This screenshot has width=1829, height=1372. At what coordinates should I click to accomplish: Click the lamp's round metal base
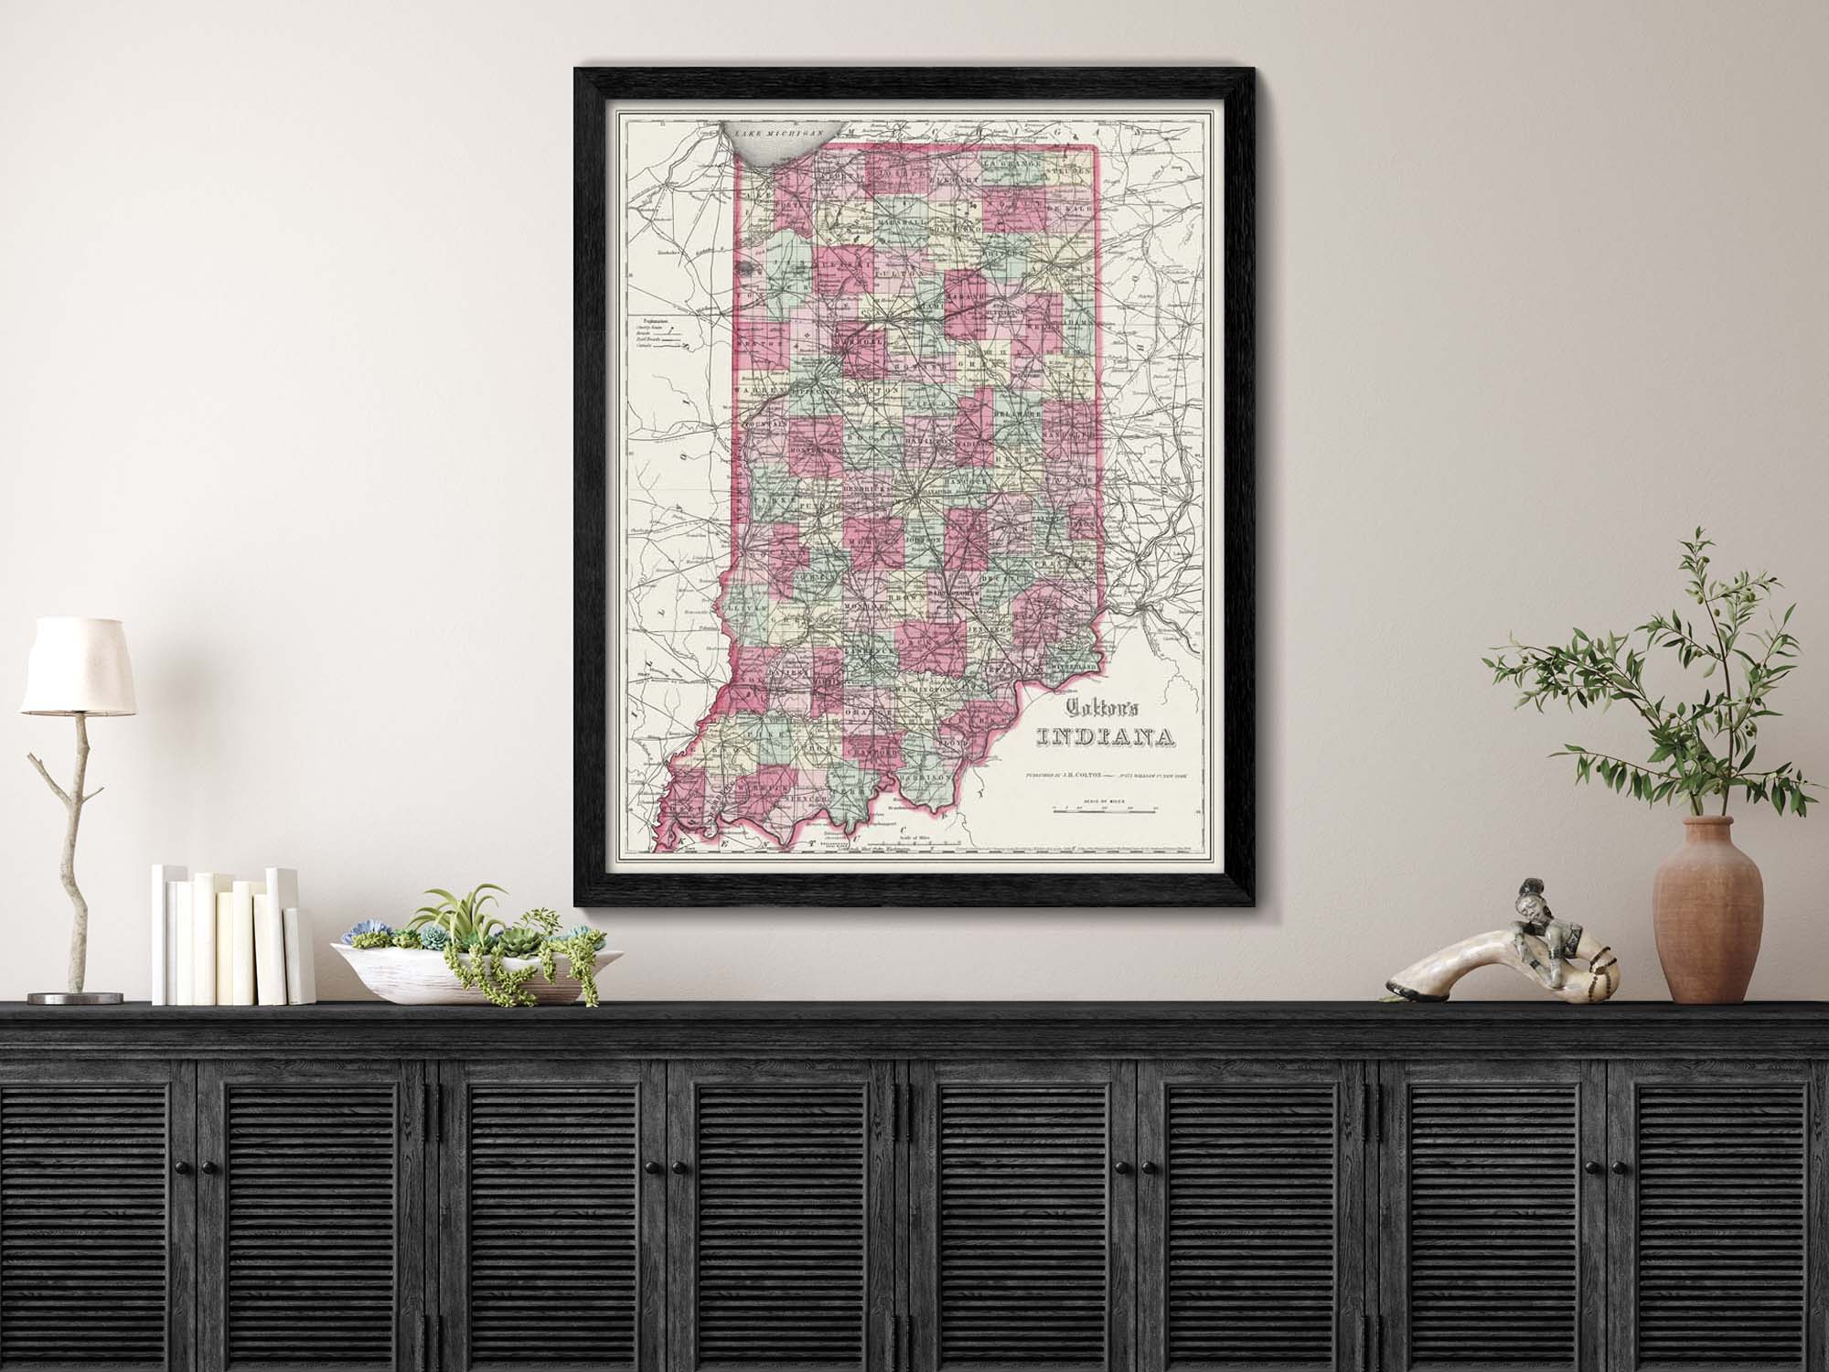click(69, 998)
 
